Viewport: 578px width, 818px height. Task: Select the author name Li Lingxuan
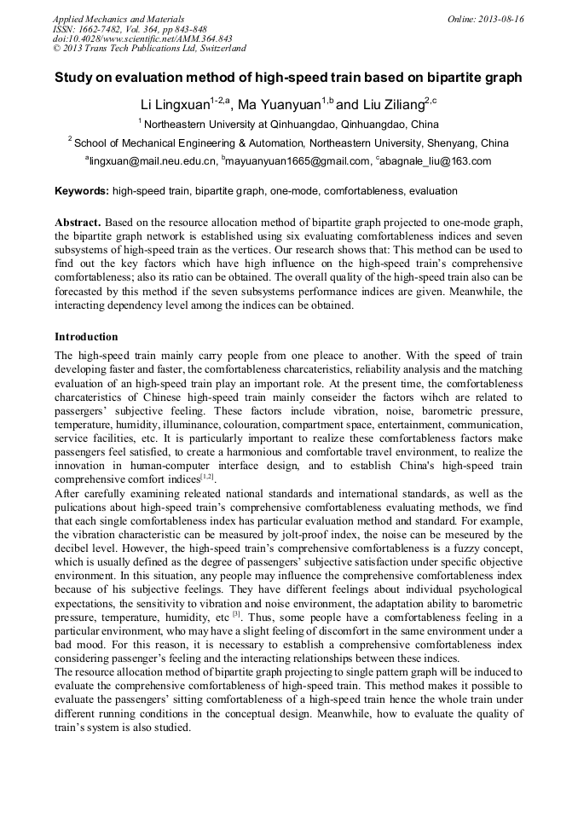click(x=175, y=105)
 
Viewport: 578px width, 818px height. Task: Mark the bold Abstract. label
click(x=78, y=221)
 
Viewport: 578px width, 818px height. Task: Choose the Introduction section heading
click(x=86, y=336)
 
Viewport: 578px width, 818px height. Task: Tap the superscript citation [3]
click(x=237, y=614)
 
